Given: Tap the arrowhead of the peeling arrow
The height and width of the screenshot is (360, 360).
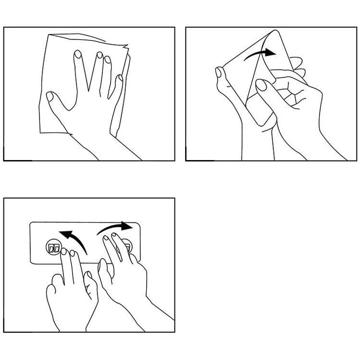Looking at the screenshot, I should (x=272, y=52).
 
